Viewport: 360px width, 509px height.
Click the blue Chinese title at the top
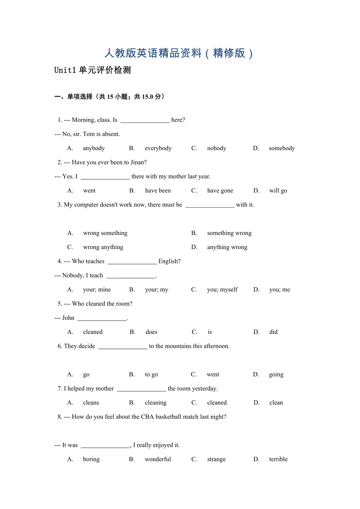[179, 53]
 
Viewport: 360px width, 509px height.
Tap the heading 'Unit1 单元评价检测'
[92, 70]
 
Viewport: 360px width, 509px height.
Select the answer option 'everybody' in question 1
[158, 148]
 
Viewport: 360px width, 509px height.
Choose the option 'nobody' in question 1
[217, 148]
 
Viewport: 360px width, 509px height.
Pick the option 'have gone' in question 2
[220, 191]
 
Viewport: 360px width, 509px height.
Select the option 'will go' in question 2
[278, 191]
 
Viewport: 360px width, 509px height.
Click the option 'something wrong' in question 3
[229, 233]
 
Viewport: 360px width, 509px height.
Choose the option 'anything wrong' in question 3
[227, 247]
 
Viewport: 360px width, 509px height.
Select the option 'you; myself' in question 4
[222, 290]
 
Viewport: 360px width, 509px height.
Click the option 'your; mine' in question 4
[97, 290]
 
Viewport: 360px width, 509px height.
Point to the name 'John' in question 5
[68, 318]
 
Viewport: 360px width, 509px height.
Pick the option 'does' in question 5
[151, 332]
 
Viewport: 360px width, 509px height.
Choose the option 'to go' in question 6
[151, 375]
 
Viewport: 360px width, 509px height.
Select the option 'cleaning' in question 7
[156, 403]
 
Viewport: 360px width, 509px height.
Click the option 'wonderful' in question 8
[158, 459]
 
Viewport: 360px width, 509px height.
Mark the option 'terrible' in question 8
[278, 459]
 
